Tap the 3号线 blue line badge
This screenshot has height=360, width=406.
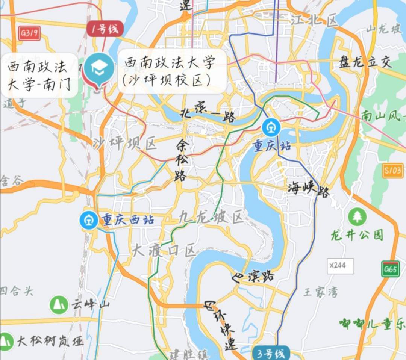point(271,353)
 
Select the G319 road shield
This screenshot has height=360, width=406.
point(30,33)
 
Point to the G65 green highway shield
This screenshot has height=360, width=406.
point(391,269)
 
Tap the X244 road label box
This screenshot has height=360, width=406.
point(340,266)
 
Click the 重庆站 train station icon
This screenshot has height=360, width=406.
point(271,128)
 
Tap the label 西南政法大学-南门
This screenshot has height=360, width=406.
point(39,76)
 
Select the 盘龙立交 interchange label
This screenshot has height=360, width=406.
point(365,61)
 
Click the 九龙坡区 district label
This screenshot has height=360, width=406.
point(211,216)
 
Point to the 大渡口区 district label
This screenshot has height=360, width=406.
point(164,250)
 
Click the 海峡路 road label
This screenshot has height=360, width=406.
point(308,188)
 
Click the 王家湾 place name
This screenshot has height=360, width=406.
point(321,292)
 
